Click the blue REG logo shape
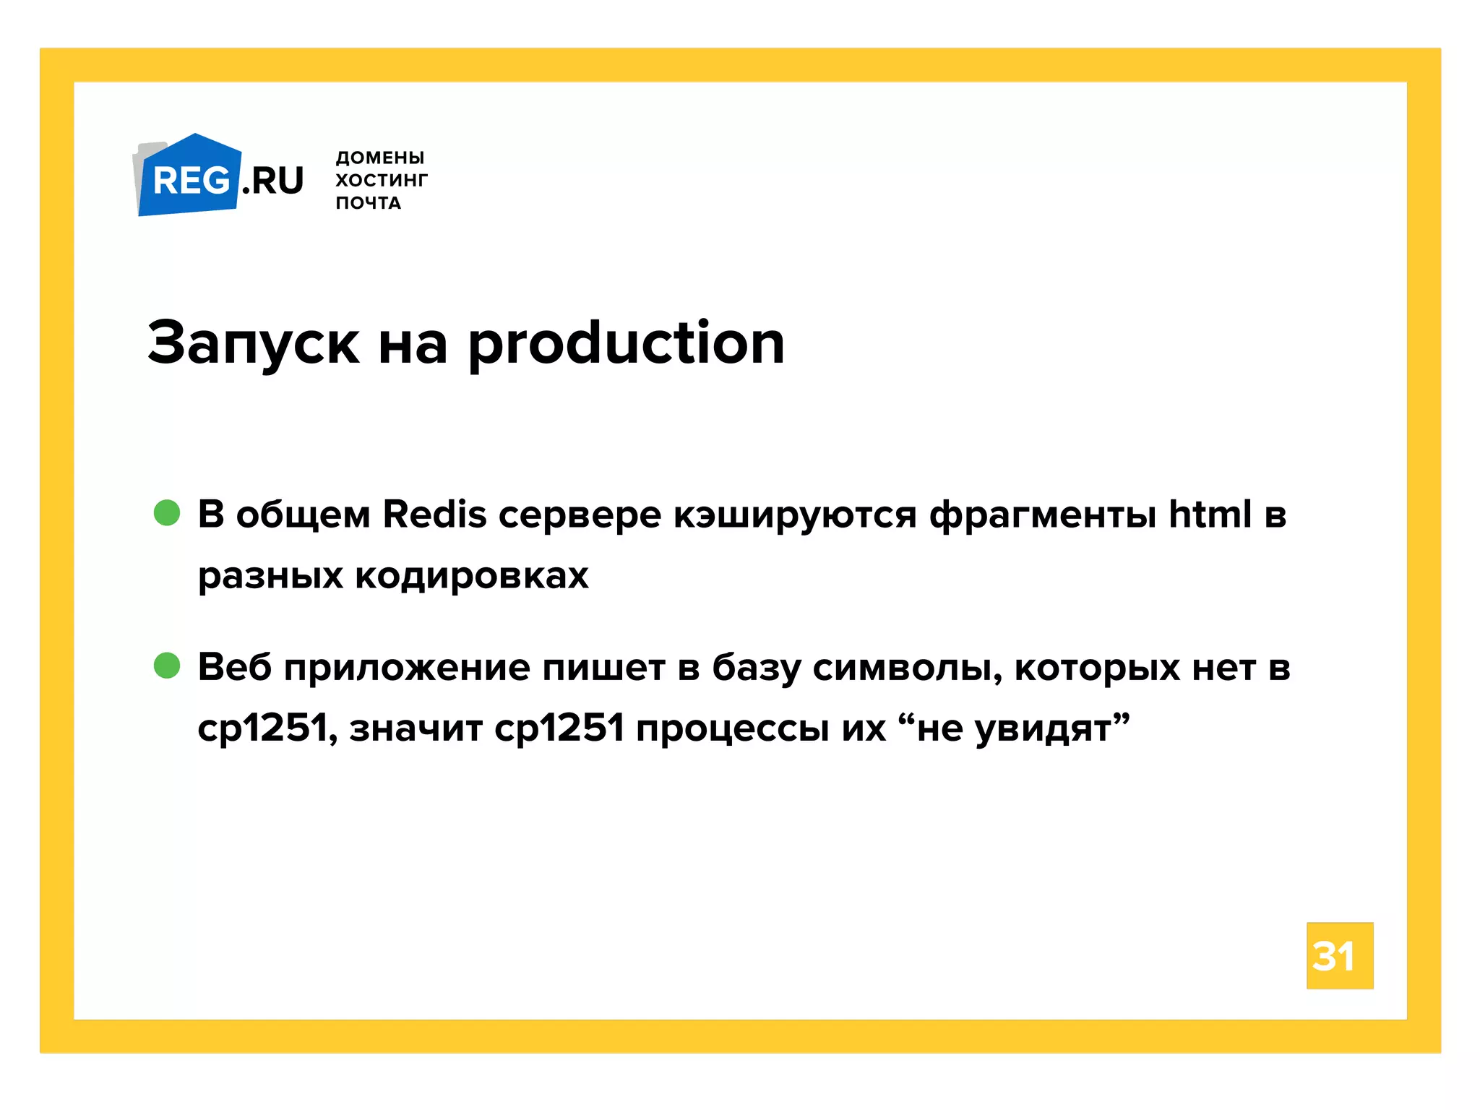[x=189, y=178]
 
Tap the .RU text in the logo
[x=272, y=181]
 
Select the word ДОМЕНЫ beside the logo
[x=380, y=158]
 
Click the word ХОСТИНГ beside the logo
[x=382, y=180]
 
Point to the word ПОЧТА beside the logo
[x=369, y=203]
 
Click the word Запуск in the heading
[x=253, y=344]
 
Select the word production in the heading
[x=626, y=344]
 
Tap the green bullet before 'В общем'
[x=167, y=513]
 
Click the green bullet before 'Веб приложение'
[x=167, y=666]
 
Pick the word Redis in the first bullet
[x=434, y=515]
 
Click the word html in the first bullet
[x=1210, y=515]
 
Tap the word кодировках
[x=472, y=576]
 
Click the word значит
[x=416, y=728]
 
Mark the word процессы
[x=733, y=728]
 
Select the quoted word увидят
[x=1043, y=728]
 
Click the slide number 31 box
[x=1339, y=955]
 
